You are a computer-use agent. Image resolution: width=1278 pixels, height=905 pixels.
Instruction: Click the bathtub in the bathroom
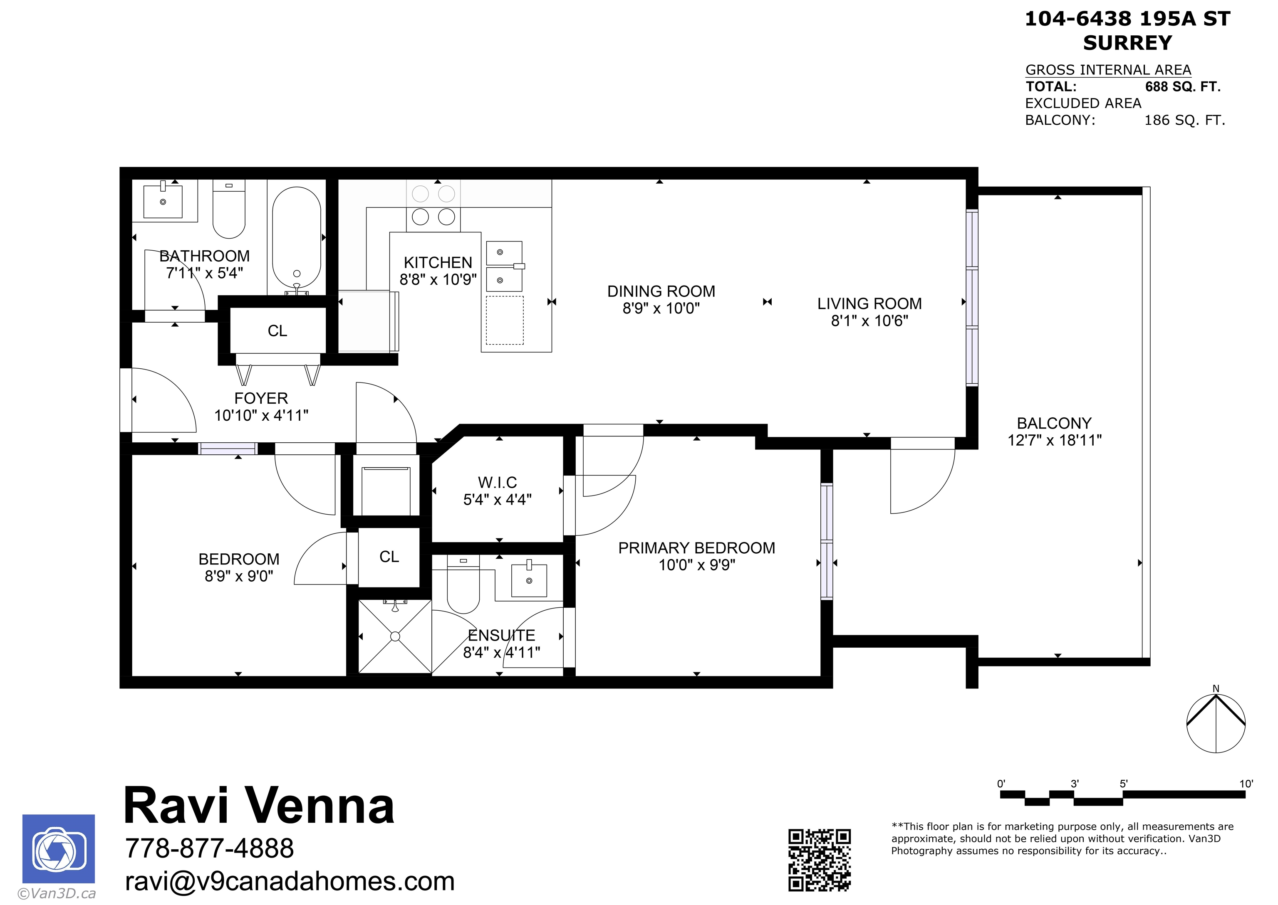[x=297, y=239]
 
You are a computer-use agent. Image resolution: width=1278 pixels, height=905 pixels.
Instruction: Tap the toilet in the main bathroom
[x=229, y=209]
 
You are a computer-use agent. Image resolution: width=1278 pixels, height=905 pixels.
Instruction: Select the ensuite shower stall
[x=395, y=636]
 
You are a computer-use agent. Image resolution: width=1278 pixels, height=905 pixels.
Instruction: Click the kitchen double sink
[x=505, y=266]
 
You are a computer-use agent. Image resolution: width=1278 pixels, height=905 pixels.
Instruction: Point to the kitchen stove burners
[x=433, y=205]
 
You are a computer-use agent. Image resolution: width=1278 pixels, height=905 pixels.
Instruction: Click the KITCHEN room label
[x=438, y=262]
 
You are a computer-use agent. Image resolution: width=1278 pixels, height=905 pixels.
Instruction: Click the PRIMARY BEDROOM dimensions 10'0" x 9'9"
[x=696, y=565]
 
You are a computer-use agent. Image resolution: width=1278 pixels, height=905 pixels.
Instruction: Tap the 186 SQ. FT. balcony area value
[x=1184, y=121]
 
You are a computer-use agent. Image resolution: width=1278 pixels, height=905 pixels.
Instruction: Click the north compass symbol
[x=1216, y=722]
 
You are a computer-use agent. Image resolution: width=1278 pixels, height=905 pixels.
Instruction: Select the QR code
[x=819, y=860]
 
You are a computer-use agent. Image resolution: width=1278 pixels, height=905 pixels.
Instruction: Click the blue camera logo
[x=59, y=849]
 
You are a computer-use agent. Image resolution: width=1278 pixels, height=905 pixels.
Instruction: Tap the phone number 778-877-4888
[x=209, y=848]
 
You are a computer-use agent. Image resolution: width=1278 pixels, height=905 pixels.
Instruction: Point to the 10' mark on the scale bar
[x=1246, y=784]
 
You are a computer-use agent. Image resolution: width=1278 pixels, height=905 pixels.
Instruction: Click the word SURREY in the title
[x=1127, y=43]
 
